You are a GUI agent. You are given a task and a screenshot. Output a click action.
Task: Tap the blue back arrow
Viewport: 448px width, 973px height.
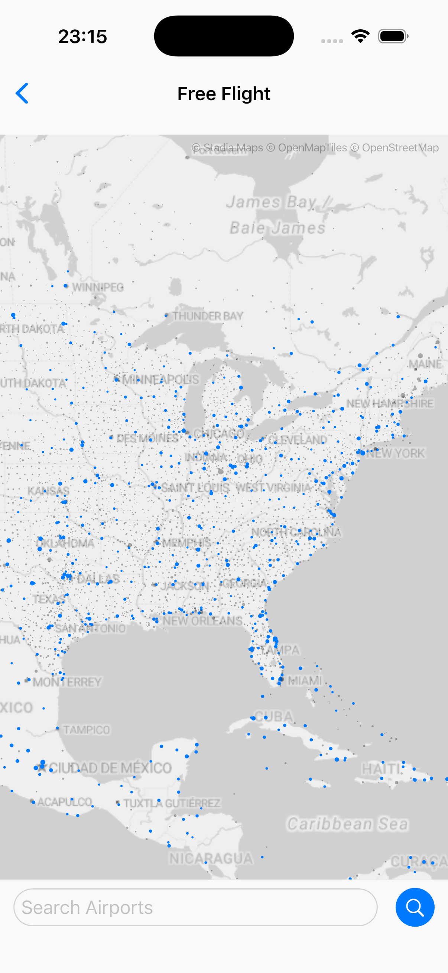click(x=22, y=93)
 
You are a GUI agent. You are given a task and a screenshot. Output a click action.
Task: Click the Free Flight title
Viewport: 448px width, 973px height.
click(x=224, y=94)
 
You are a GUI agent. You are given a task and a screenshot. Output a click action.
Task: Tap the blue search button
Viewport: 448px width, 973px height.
click(x=415, y=907)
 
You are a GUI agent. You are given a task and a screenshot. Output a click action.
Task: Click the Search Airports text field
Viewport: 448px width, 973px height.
click(x=195, y=907)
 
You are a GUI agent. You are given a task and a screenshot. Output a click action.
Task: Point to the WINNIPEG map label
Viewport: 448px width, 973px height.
click(x=98, y=287)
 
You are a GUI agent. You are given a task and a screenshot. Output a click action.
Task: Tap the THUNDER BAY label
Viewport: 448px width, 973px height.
click(x=208, y=316)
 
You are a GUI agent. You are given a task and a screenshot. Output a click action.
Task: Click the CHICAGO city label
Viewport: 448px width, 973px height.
click(x=219, y=433)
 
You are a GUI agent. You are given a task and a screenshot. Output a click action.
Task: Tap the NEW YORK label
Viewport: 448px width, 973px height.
click(x=395, y=453)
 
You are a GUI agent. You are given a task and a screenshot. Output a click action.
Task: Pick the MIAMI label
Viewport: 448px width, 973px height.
click(x=305, y=680)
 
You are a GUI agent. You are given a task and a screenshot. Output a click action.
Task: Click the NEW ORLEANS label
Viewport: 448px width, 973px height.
click(x=202, y=620)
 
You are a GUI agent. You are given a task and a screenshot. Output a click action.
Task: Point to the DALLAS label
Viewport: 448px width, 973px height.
click(x=98, y=579)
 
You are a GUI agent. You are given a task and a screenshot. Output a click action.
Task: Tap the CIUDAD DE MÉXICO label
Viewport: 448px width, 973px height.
click(x=110, y=768)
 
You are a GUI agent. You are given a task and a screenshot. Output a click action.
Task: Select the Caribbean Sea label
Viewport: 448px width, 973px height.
click(x=347, y=824)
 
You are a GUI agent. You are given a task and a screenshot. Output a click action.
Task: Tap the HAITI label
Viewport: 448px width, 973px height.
click(x=381, y=768)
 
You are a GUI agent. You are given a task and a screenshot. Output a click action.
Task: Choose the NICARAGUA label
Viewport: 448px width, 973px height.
click(x=211, y=859)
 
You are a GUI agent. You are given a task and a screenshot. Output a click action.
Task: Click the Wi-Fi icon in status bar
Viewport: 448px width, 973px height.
click(x=360, y=36)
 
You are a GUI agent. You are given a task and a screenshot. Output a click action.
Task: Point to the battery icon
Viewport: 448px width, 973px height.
click(x=393, y=36)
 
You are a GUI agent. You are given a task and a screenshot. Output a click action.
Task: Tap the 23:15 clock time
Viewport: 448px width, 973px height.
click(x=82, y=37)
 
